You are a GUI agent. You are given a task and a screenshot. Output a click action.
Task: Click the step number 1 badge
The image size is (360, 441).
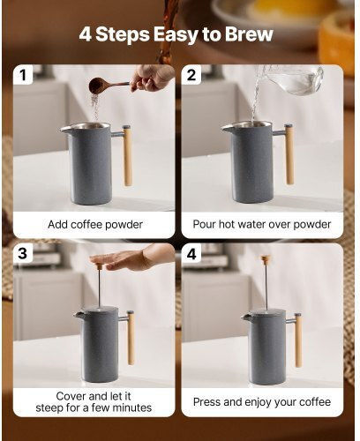pyautogui.click(x=23, y=75)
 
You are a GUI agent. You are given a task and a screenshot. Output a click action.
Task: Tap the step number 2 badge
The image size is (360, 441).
pyautogui.click(x=191, y=75)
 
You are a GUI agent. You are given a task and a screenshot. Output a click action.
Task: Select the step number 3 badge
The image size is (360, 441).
pyautogui.click(x=23, y=253)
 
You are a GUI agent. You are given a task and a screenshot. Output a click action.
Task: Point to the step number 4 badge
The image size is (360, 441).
pyautogui.click(x=191, y=253)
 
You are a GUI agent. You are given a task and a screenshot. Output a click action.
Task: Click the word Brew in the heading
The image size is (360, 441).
pyautogui.click(x=249, y=34)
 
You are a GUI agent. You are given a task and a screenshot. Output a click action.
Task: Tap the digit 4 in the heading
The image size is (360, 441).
pyautogui.click(x=86, y=34)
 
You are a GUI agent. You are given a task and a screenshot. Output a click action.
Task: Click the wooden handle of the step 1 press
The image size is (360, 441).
pyautogui.click(x=127, y=156)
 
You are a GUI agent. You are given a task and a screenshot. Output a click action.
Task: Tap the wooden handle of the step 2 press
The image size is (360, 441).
pyautogui.click(x=289, y=154)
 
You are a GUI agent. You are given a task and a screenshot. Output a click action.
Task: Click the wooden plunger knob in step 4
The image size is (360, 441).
pyautogui.click(x=266, y=259)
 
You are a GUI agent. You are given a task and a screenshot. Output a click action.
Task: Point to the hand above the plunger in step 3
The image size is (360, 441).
pyautogui.click(x=132, y=258)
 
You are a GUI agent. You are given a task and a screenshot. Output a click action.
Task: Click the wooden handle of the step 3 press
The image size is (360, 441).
pyautogui.click(x=131, y=338)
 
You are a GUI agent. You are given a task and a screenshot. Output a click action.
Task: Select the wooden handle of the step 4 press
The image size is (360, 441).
pyautogui.click(x=298, y=340)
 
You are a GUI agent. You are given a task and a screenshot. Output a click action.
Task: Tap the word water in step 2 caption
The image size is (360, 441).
pyautogui.click(x=250, y=224)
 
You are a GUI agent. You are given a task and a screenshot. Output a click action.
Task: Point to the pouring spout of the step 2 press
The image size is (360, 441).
pyautogui.click(x=227, y=128)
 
